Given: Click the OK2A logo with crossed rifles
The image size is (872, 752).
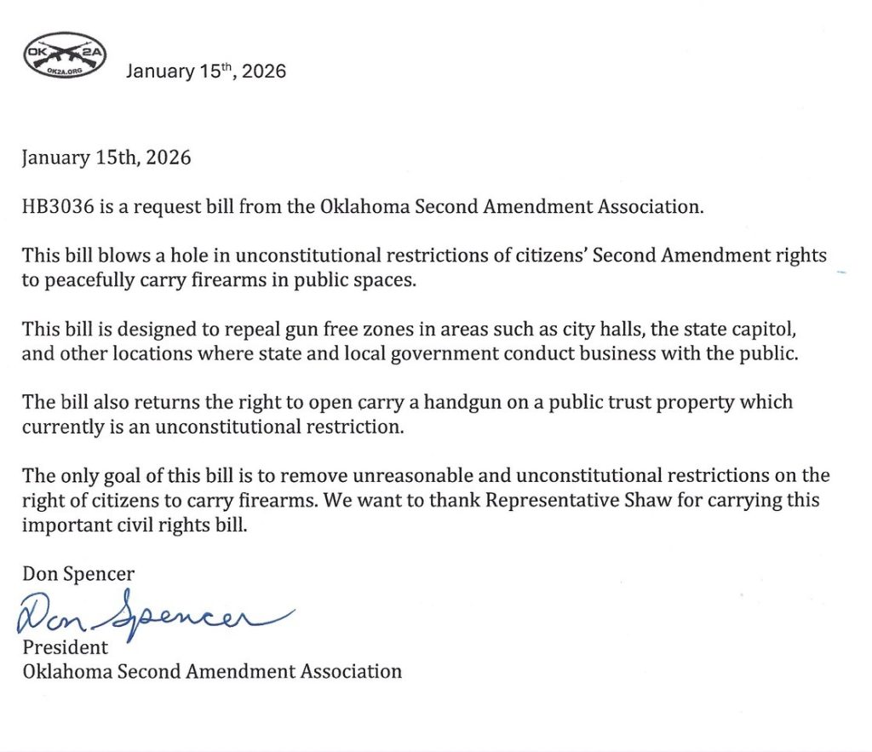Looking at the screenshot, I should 64,57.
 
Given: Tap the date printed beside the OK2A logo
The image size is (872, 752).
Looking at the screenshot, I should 206,72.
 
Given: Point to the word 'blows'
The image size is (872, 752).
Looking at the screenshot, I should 113,255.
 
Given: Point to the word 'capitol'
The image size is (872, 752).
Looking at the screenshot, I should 739,329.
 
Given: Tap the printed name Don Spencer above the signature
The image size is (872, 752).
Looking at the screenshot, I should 78,573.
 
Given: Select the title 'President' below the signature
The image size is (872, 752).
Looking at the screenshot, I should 66,646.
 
